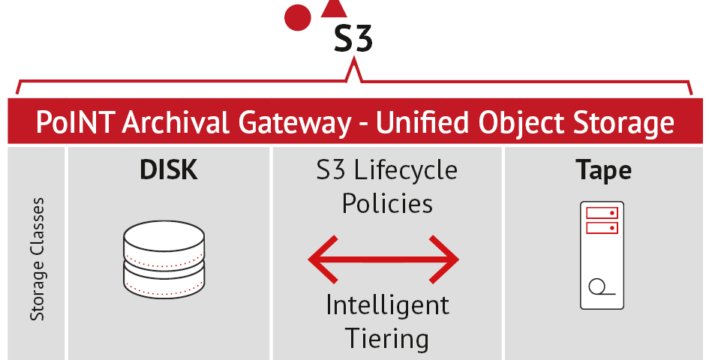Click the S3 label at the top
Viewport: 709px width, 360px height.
pyautogui.click(x=353, y=40)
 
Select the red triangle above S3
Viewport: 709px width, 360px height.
pyautogui.click(x=334, y=9)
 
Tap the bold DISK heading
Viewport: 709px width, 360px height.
pyautogui.click(x=169, y=170)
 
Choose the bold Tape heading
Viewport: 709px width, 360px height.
pyautogui.click(x=603, y=170)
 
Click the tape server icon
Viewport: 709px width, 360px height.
pyautogui.click(x=602, y=255)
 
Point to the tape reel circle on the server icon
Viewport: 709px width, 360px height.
pyautogui.click(x=597, y=287)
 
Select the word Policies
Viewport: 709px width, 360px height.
pyautogui.click(x=387, y=202)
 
